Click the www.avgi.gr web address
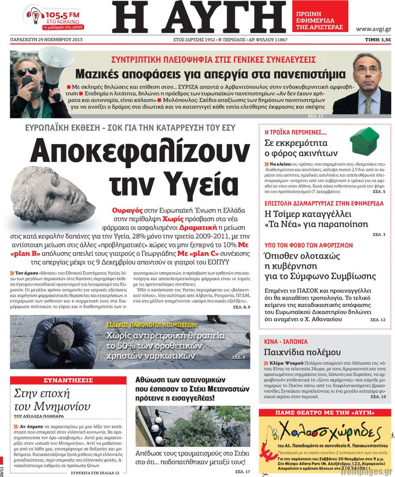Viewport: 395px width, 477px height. [373, 29]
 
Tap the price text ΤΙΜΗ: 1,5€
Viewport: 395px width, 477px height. [378, 39]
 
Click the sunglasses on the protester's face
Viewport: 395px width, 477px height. [27, 72]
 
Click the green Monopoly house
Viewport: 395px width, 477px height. [364, 140]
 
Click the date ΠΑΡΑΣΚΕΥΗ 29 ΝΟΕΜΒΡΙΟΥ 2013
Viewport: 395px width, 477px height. [47, 39]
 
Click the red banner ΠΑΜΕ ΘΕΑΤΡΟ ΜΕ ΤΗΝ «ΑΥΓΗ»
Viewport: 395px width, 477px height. [324, 412]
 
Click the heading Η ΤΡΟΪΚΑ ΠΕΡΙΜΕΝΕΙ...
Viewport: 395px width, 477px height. [296, 132]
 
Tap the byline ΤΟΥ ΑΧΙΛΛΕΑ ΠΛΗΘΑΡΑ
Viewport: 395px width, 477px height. [39, 416]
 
